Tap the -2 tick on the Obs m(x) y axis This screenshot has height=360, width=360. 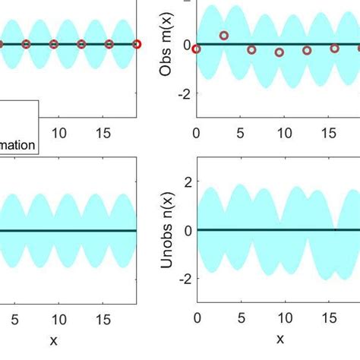[183, 94]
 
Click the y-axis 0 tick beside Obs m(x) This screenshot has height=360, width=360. [186, 45]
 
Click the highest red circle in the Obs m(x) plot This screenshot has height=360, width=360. [224, 36]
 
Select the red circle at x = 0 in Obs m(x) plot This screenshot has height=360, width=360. [197, 49]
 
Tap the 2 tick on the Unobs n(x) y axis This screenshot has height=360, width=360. [186, 182]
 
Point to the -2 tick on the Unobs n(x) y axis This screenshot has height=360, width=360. [183, 279]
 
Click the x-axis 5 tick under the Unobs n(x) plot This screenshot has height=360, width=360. [241, 317]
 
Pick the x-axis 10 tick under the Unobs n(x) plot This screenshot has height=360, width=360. [285, 317]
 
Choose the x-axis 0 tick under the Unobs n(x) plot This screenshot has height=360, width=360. [197, 317]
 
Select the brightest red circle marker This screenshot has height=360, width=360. [137, 44]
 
